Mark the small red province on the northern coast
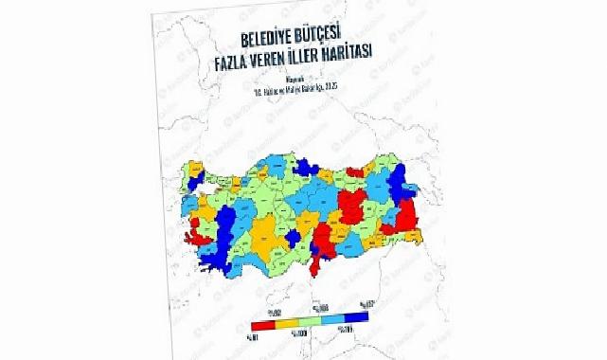(x=355, y=171)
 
